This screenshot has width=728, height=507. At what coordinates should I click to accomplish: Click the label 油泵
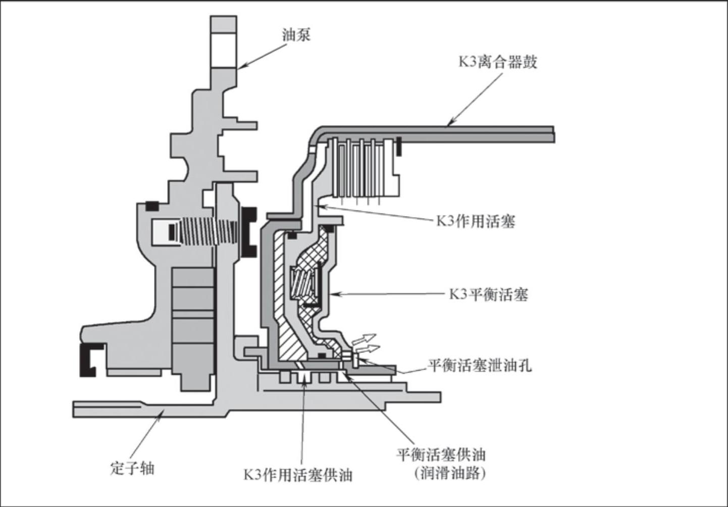pyautogui.click(x=296, y=35)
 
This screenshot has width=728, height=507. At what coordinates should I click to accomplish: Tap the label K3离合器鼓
pyautogui.click(x=497, y=62)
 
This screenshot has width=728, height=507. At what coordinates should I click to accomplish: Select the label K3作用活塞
pyautogui.click(x=476, y=221)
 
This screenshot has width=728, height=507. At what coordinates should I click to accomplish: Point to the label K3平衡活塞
pyautogui.click(x=488, y=294)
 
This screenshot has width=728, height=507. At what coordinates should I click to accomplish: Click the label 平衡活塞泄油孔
pyautogui.click(x=480, y=365)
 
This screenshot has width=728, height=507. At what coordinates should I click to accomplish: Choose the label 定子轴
pyautogui.click(x=132, y=468)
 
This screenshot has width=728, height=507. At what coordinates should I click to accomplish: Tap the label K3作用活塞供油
pyautogui.click(x=298, y=475)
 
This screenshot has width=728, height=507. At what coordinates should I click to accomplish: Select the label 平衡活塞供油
pyautogui.click(x=441, y=454)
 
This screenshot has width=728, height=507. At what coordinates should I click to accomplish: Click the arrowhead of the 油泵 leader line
pyautogui.click(x=240, y=66)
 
